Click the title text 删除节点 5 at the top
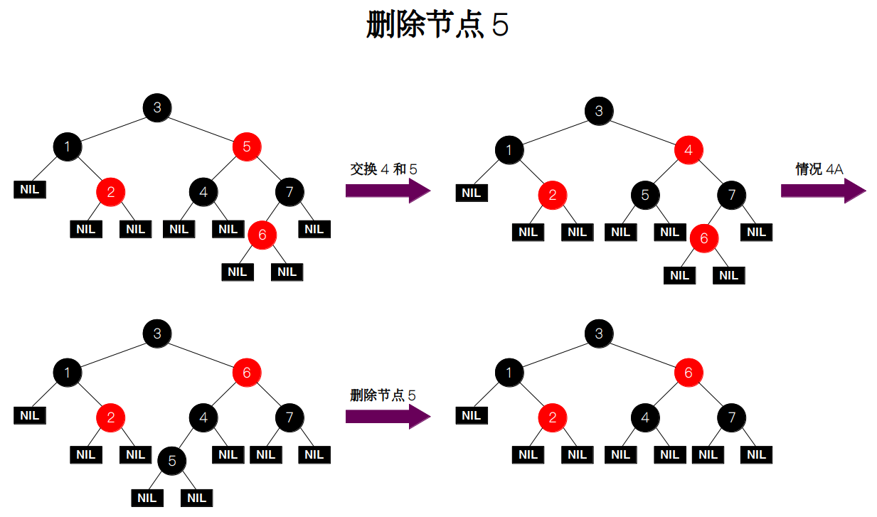pyautogui.click(x=437, y=26)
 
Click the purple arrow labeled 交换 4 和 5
pyautogui.click(x=388, y=191)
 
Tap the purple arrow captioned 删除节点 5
pyautogui.click(x=388, y=416)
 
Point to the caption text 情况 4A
pyautogui.click(x=819, y=169)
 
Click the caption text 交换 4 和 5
pyautogui.click(x=383, y=169)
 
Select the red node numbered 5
pyautogui.click(x=247, y=147)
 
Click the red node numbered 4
pyautogui.click(x=689, y=150)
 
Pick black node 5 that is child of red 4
pyautogui.click(x=645, y=194)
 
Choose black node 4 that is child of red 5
pyautogui.click(x=203, y=191)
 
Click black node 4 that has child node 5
pyautogui.click(x=203, y=417)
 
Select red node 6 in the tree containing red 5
pyautogui.click(x=262, y=235)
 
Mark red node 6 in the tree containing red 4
pyautogui.click(x=703, y=238)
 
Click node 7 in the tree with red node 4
pyautogui.click(x=732, y=194)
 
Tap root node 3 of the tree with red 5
pyautogui.click(x=157, y=107)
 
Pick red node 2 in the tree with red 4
pyautogui.click(x=553, y=194)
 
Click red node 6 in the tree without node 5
pyautogui.click(x=689, y=373)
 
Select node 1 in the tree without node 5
pyautogui.click(x=509, y=373)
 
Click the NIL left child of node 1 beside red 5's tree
pyautogui.click(x=30, y=190)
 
